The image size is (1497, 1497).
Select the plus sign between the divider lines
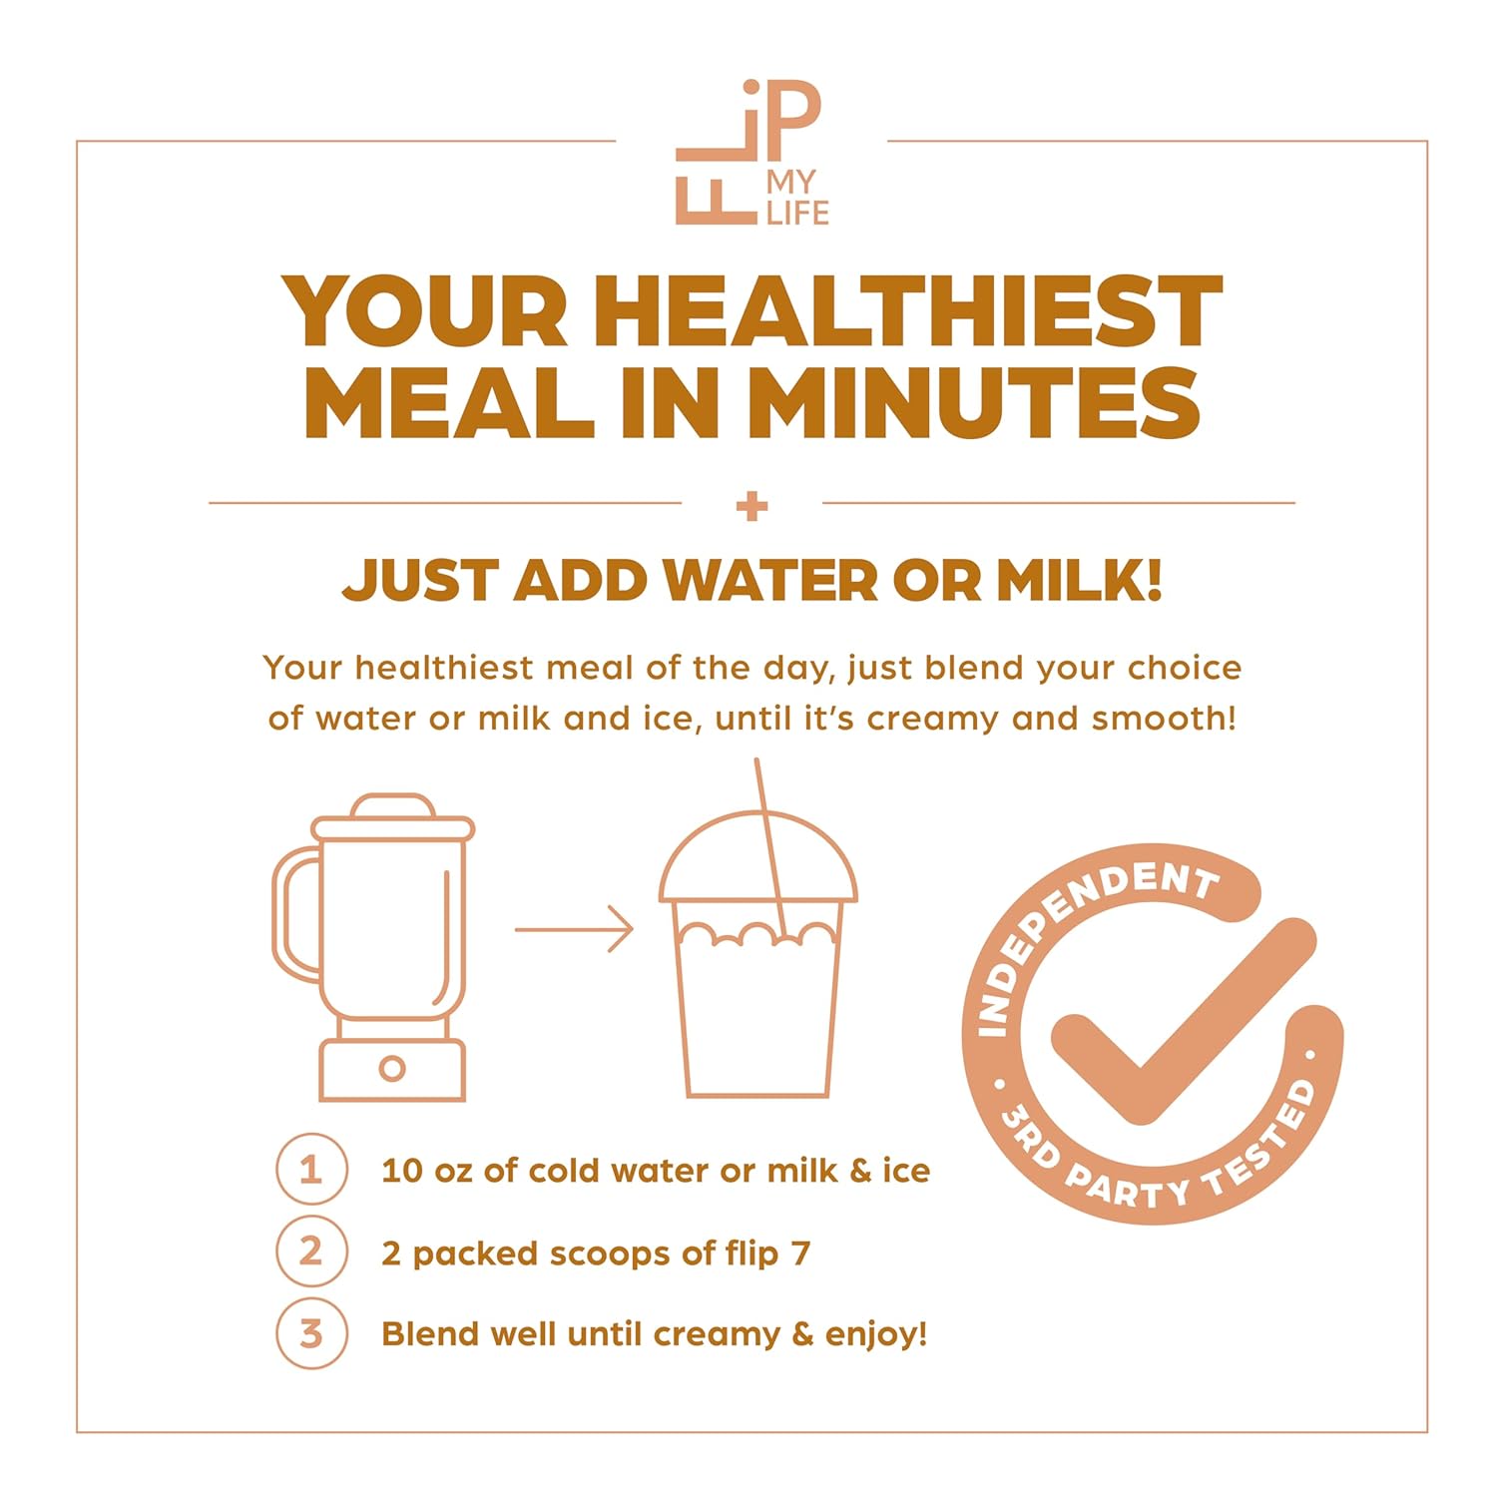point(751,506)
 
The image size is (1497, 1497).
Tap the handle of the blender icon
point(296,913)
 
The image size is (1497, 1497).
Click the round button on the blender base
point(392,1069)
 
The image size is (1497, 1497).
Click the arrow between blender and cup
point(574,930)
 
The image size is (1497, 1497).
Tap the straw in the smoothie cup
point(770,849)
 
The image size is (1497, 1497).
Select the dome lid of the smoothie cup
point(758,858)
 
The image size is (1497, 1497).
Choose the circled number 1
point(311,1170)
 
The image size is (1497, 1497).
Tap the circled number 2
point(311,1251)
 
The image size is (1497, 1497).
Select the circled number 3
point(311,1333)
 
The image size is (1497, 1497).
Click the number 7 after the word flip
point(799,1252)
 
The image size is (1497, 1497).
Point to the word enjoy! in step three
point(876,1335)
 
